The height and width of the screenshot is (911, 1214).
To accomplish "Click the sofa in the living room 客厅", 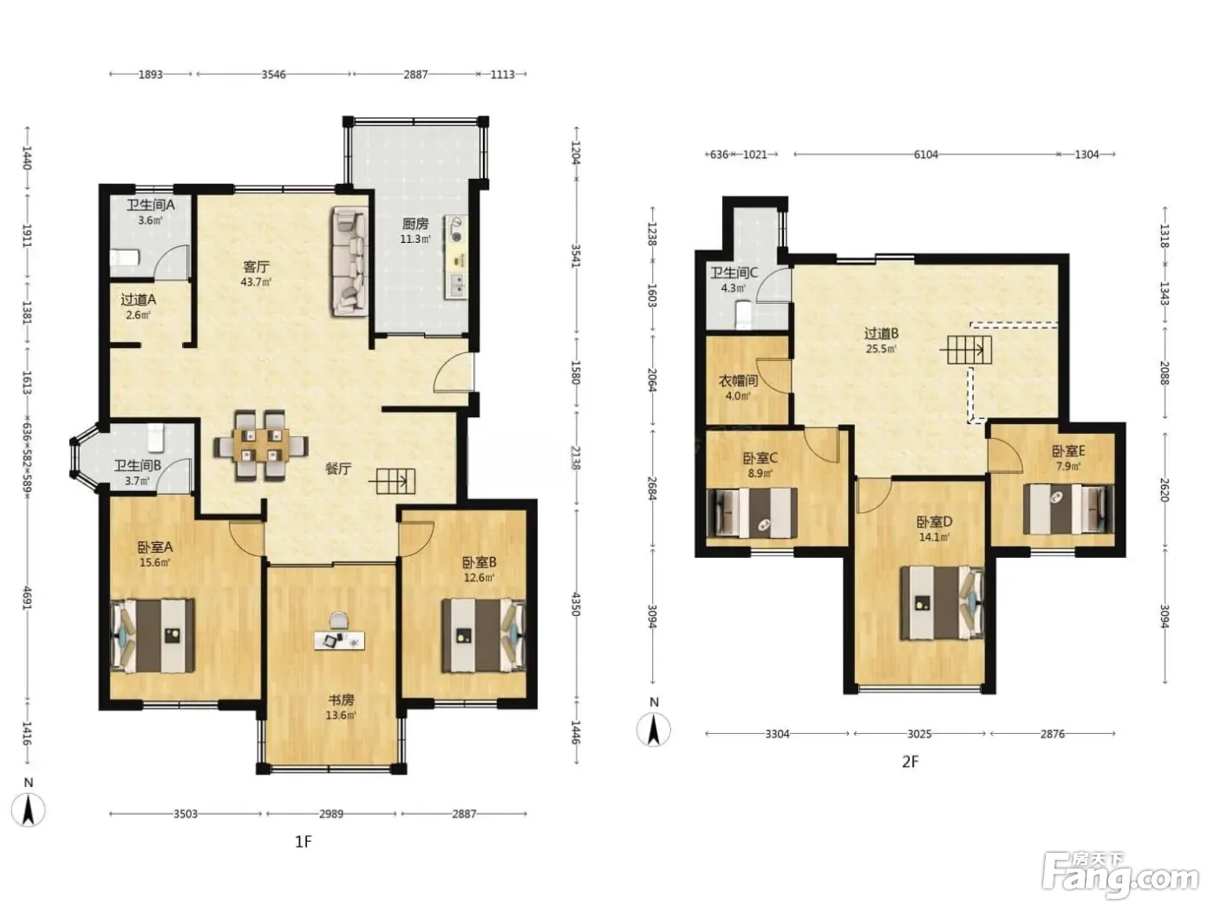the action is click(350, 262).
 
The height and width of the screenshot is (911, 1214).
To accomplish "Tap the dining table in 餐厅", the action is click(260, 445).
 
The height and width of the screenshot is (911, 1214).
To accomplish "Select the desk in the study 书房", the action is click(340, 640).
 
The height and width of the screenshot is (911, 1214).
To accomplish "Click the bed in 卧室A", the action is click(153, 636).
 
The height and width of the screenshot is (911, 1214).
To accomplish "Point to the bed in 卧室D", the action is click(943, 603).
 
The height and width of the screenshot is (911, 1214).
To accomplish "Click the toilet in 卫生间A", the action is click(124, 258).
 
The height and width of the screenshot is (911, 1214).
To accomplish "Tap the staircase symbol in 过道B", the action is click(966, 350).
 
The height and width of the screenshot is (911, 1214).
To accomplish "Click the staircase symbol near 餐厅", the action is click(392, 481).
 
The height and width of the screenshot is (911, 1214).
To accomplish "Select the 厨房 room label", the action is click(415, 224).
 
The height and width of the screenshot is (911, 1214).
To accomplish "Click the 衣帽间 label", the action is click(738, 381).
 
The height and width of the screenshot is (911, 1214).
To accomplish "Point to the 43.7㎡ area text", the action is click(256, 282).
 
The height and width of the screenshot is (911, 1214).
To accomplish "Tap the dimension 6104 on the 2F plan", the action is click(926, 155).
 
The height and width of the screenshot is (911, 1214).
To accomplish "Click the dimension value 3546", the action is click(274, 75).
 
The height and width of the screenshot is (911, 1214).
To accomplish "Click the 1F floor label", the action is click(303, 842).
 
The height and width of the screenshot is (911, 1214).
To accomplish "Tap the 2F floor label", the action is click(910, 762).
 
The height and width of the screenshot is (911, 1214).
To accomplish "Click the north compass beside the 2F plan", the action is click(654, 729).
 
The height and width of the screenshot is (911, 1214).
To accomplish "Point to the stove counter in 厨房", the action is click(457, 257).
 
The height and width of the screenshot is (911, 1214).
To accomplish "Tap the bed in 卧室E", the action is click(1068, 509).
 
